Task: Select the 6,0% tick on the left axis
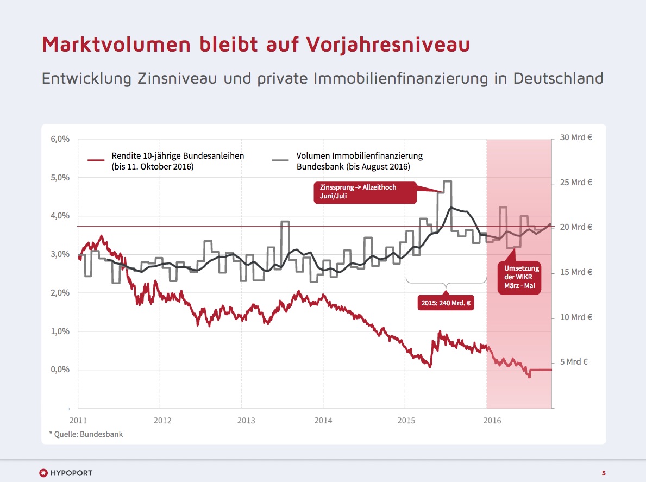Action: (60, 139)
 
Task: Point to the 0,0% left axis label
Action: (60, 370)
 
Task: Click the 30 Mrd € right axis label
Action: (576, 137)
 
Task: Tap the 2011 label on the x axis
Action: (78, 420)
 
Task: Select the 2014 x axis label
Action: (323, 420)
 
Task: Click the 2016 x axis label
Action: (492, 420)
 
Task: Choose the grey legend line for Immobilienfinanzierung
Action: (280, 160)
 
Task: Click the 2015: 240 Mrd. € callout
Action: (446, 303)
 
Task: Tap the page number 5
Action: (604, 472)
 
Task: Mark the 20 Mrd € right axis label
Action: (576, 227)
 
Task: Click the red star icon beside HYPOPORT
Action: (43, 472)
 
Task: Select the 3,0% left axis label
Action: (60, 254)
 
